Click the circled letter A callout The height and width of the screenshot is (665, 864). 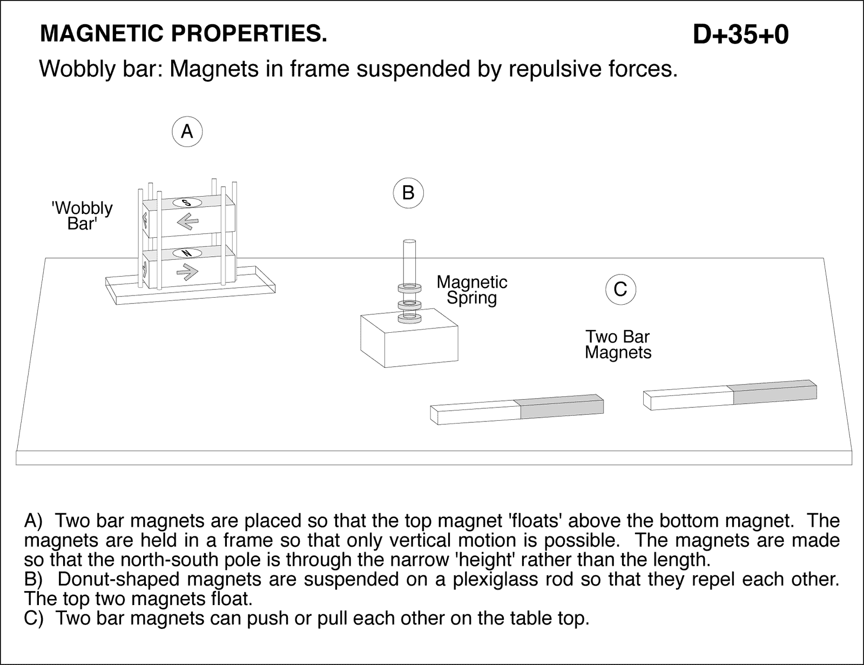187,131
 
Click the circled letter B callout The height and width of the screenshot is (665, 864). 408,193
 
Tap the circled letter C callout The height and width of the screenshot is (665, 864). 620,290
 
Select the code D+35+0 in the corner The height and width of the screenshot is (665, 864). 740,35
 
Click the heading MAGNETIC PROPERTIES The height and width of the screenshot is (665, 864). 184,34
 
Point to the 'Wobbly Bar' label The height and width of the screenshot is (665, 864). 82,216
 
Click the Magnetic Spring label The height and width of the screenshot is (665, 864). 472,290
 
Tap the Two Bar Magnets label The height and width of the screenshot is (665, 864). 618,345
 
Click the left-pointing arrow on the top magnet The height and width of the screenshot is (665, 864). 187,221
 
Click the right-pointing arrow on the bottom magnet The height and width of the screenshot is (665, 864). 187,273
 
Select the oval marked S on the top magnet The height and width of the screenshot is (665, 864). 187,203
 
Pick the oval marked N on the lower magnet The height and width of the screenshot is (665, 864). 187,253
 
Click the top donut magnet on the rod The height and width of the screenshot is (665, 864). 409,288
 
